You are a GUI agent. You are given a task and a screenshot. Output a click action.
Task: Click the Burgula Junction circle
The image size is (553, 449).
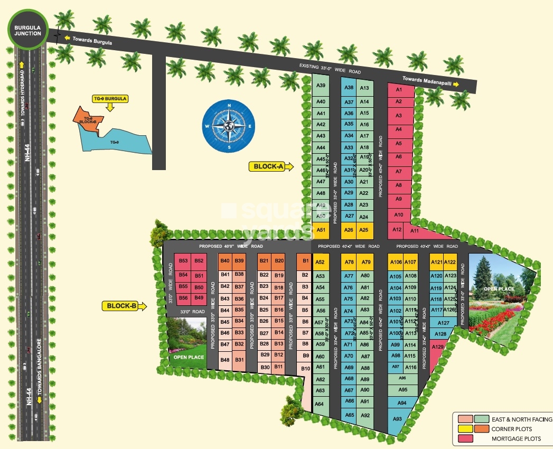(28, 30)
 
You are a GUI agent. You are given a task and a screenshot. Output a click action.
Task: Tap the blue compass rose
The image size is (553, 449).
(229, 127)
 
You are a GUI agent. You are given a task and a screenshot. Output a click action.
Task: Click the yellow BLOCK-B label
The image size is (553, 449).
(122, 306)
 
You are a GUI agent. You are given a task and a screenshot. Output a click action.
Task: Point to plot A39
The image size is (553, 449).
(320, 86)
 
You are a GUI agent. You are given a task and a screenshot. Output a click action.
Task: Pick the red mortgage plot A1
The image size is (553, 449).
(399, 90)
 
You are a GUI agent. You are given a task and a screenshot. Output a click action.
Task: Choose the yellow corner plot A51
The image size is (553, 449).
(321, 230)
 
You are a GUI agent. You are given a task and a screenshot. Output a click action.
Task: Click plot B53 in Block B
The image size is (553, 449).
(183, 261)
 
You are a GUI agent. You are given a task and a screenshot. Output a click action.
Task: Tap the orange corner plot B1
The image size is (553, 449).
(305, 261)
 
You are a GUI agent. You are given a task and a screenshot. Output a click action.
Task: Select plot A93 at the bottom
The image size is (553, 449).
(398, 419)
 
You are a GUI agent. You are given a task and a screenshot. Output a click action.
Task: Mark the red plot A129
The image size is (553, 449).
(438, 348)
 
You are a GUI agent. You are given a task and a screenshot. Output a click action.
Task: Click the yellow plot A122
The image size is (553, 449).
(450, 262)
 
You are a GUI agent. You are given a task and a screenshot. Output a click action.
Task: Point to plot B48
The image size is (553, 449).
(225, 360)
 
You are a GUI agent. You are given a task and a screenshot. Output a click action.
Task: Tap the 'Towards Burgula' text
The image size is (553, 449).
(92, 39)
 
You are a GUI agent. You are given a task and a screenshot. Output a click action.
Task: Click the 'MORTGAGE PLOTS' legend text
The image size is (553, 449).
(516, 438)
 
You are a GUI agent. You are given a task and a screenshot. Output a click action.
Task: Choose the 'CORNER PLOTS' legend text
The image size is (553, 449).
(512, 429)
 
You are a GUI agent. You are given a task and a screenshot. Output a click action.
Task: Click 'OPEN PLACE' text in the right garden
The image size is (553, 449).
(499, 289)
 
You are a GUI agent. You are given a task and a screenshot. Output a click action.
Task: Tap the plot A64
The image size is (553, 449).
(319, 404)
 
